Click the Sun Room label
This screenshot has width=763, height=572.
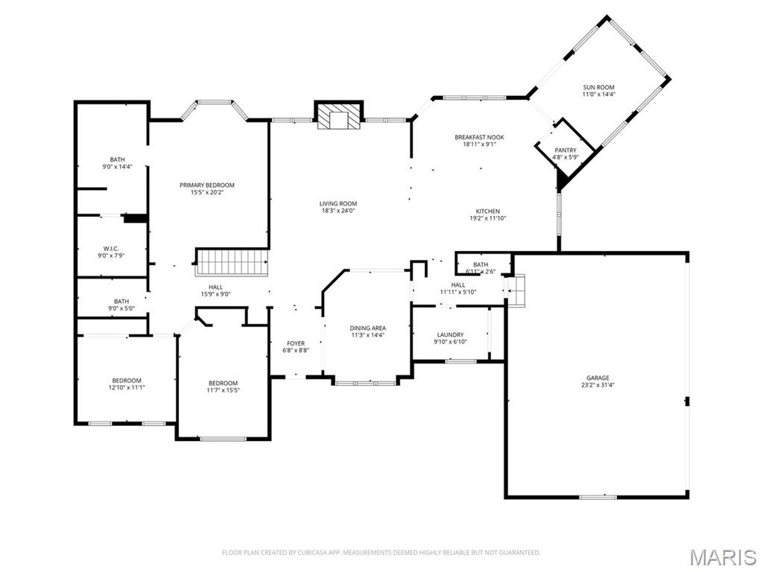pos(598,88)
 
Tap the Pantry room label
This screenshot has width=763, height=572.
pos(566,150)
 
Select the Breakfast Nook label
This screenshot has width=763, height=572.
pos(479,137)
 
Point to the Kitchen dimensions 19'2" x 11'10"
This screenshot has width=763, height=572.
pos(488,218)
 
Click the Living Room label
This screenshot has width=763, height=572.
pos(338,203)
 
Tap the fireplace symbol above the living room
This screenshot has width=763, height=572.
pos(338,115)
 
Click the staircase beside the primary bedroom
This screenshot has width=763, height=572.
pos(231,262)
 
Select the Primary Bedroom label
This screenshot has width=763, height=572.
pos(206,185)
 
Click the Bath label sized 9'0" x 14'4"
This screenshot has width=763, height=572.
pos(118,159)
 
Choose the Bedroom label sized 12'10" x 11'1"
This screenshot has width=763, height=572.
pos(127,381)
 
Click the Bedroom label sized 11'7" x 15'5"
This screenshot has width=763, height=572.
pos(223,384)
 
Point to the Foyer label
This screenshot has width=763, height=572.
pos(296,343)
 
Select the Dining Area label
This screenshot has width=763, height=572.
pos(368,328)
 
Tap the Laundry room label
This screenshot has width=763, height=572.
pos(450,335)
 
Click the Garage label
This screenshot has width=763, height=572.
pos(598,378)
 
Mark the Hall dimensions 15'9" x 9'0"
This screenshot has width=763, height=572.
pos(215,293)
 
